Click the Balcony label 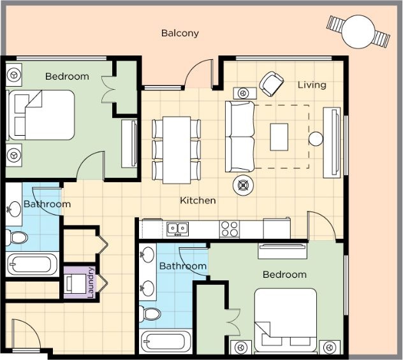[x=180, y=33]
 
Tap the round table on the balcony [x=358, y=32]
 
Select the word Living [x=312, y=85]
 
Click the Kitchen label [x=198, y=200]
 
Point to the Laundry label [x=91, y=282]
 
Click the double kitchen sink [x=178, y=229]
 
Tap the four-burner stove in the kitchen [x=230, y=229]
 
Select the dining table [x=177, y=150]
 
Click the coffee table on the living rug [x=279, y=137]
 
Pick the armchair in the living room [x=271, y=84]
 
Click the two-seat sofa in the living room [x=240, y=136]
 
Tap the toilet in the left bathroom [x=16, y=237]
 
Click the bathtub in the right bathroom [x=166, y=341]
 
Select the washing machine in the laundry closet [x=76, y=284]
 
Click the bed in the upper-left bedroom [x=41, y=115]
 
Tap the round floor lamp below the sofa [x=243, y=185]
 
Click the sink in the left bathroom [x=14, y=209]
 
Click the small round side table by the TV [x=316, y=139]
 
